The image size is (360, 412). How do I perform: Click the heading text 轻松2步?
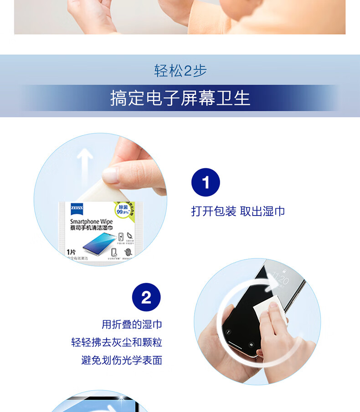point(180,71)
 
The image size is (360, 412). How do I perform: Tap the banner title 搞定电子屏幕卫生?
point(180,98)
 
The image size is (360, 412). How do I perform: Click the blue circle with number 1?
point(206,183)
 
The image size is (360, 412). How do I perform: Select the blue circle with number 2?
point(146,297)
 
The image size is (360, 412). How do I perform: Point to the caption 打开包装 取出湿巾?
point(238,211)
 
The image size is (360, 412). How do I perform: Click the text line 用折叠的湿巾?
point(132,324)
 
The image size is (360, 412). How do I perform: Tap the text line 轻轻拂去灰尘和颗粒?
point(117,342)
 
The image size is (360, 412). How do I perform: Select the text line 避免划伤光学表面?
point(122,360)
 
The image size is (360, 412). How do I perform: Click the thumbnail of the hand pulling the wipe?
point(100,200)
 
